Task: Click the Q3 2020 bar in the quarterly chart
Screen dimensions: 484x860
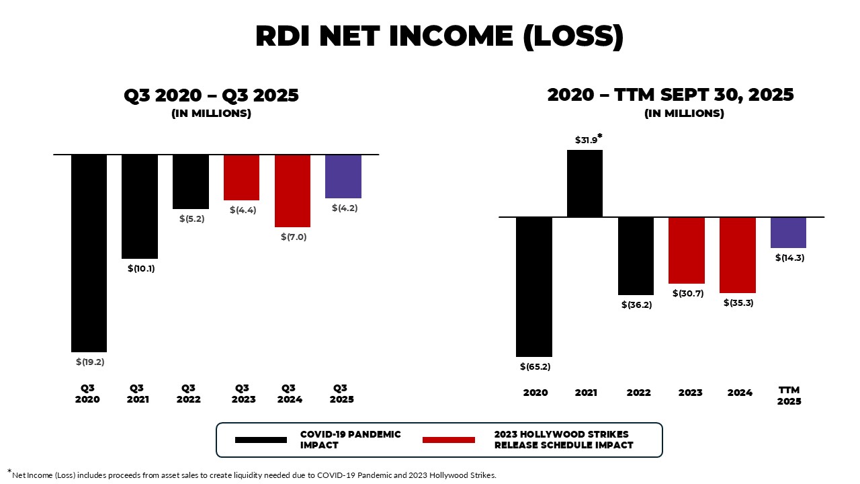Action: [x=89, y=253]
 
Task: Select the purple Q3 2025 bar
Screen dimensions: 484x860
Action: [x=343, y=176]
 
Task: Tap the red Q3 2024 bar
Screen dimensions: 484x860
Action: [x=292, y=191]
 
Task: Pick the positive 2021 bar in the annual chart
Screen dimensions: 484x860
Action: [x=585, y=184]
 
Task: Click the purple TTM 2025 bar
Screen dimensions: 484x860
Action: [x=788, y=233]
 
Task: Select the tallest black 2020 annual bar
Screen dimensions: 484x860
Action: [x=534, y=286]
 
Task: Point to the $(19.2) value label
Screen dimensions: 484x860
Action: [x=90, y=362]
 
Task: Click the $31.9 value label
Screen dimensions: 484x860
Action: [x=587, y=140]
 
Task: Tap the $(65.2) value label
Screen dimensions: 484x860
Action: [x=535, y=366]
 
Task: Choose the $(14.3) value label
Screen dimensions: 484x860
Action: [x=789, y=257]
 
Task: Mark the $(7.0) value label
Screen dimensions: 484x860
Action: [x=294, y=237]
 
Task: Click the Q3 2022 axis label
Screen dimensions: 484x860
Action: [x=189, y=393]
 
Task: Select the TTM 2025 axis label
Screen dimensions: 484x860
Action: [x=789, y=395]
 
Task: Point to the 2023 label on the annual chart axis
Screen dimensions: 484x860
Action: [x=690, y=393]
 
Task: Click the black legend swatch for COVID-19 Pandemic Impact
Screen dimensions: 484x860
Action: [x=261, y=440]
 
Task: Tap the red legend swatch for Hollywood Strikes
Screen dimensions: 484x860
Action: [x=449, y=440]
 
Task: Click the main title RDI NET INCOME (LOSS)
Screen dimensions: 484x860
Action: [x=439, y=36]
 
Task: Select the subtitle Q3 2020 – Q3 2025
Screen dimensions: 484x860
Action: [x=211, y=95]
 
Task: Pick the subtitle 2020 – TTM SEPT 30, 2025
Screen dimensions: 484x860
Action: [x=671, y=95]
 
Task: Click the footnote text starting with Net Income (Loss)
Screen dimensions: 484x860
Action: [x=254, y=475]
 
